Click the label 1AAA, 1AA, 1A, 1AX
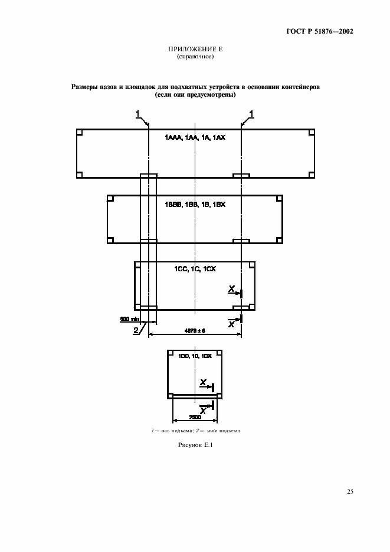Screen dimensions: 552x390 (x=194, y=137)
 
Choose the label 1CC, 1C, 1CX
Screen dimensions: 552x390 (x=195, y=269)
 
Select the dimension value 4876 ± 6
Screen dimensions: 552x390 (x=194, y=330)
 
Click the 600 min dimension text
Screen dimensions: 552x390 (x=128, y=318)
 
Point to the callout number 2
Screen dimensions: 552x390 (x=136, y=331)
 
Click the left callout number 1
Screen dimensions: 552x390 (x=137, y=113)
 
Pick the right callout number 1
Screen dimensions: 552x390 (x=251, y=113)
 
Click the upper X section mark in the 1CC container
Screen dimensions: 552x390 (x=232, y=288)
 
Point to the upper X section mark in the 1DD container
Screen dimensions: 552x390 (x=202, y=382)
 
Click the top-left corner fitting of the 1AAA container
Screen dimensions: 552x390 (x=80, y=133)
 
